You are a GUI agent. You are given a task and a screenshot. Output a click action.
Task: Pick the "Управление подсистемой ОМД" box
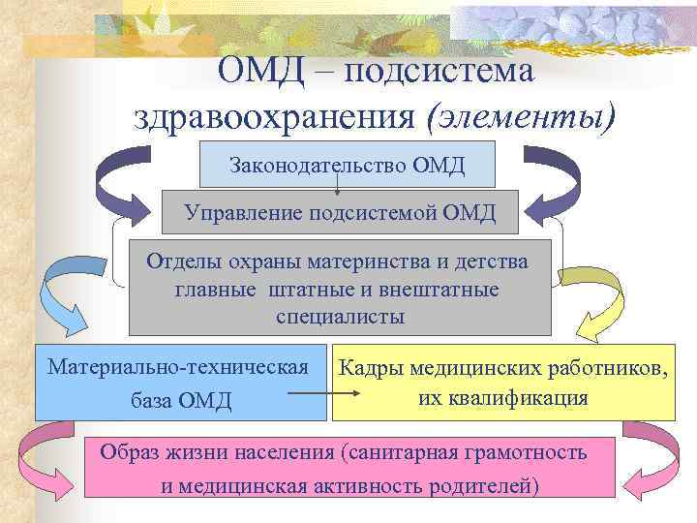340,211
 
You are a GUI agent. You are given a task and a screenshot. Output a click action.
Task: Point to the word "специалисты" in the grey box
340,316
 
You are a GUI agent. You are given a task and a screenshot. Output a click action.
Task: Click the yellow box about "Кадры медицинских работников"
503,382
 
